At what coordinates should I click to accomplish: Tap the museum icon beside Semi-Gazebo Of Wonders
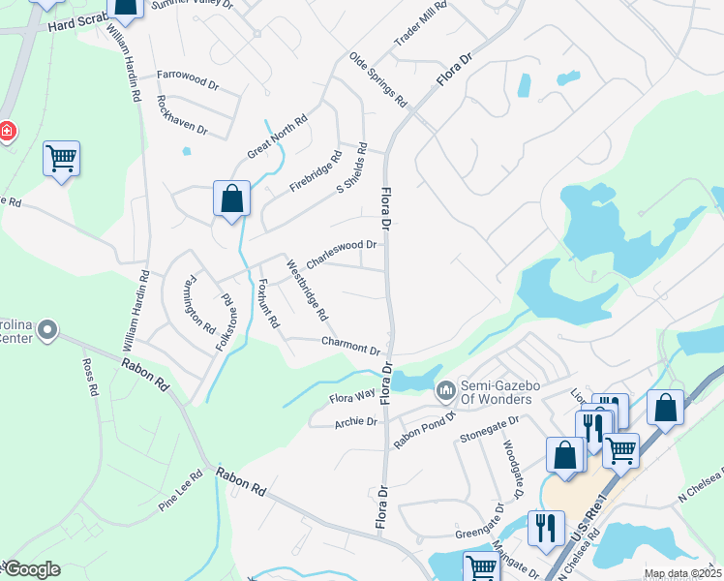[445, 391]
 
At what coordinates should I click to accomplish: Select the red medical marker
[6, 131]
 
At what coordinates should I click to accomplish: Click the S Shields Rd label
[353, 168]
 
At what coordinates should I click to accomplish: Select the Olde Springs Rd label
[378, 79]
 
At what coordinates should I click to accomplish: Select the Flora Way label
[352, 396]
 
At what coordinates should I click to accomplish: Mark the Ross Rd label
[90, 379]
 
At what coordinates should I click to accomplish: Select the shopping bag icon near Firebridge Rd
[232, 200]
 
